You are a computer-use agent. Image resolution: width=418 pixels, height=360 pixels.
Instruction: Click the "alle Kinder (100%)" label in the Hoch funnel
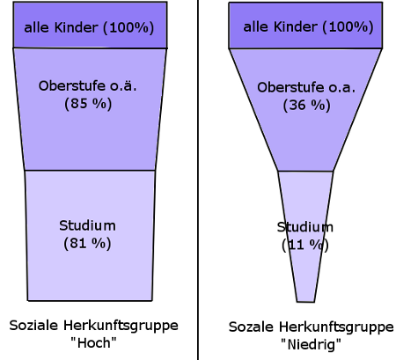89,28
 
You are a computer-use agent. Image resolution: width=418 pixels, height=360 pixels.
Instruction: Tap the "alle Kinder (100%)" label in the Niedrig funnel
308,27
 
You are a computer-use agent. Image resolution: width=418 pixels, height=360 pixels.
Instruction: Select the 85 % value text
88,104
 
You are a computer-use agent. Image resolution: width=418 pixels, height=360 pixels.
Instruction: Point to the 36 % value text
307,105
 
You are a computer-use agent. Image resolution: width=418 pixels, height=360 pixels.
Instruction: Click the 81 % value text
87,243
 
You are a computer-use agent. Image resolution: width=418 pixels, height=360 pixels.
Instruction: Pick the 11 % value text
305,245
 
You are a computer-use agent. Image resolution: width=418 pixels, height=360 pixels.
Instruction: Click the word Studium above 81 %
87,225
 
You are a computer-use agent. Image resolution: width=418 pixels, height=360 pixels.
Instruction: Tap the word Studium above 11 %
305,227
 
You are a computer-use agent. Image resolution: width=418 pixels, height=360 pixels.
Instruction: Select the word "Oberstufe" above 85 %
72,86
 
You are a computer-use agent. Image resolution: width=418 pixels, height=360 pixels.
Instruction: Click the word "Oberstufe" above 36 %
290,87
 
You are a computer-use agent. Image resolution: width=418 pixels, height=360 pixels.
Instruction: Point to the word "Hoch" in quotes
94,342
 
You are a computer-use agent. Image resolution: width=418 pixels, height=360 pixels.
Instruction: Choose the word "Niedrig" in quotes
312,344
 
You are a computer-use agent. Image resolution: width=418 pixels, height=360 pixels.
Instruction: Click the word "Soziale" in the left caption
33,326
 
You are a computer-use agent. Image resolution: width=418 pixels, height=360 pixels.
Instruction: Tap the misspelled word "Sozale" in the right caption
251,327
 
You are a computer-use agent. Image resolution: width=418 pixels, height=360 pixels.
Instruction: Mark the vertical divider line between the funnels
198,180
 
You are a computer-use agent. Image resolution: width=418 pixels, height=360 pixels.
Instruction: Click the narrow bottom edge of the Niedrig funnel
305,302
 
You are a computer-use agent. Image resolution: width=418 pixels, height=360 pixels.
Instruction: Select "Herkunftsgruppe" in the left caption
121,326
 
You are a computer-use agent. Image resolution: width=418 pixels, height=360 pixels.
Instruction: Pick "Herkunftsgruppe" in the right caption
336,327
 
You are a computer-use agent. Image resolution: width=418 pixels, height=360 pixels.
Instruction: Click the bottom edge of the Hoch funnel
90,300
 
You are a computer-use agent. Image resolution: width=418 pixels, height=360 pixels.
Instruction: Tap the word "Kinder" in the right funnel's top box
296,26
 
